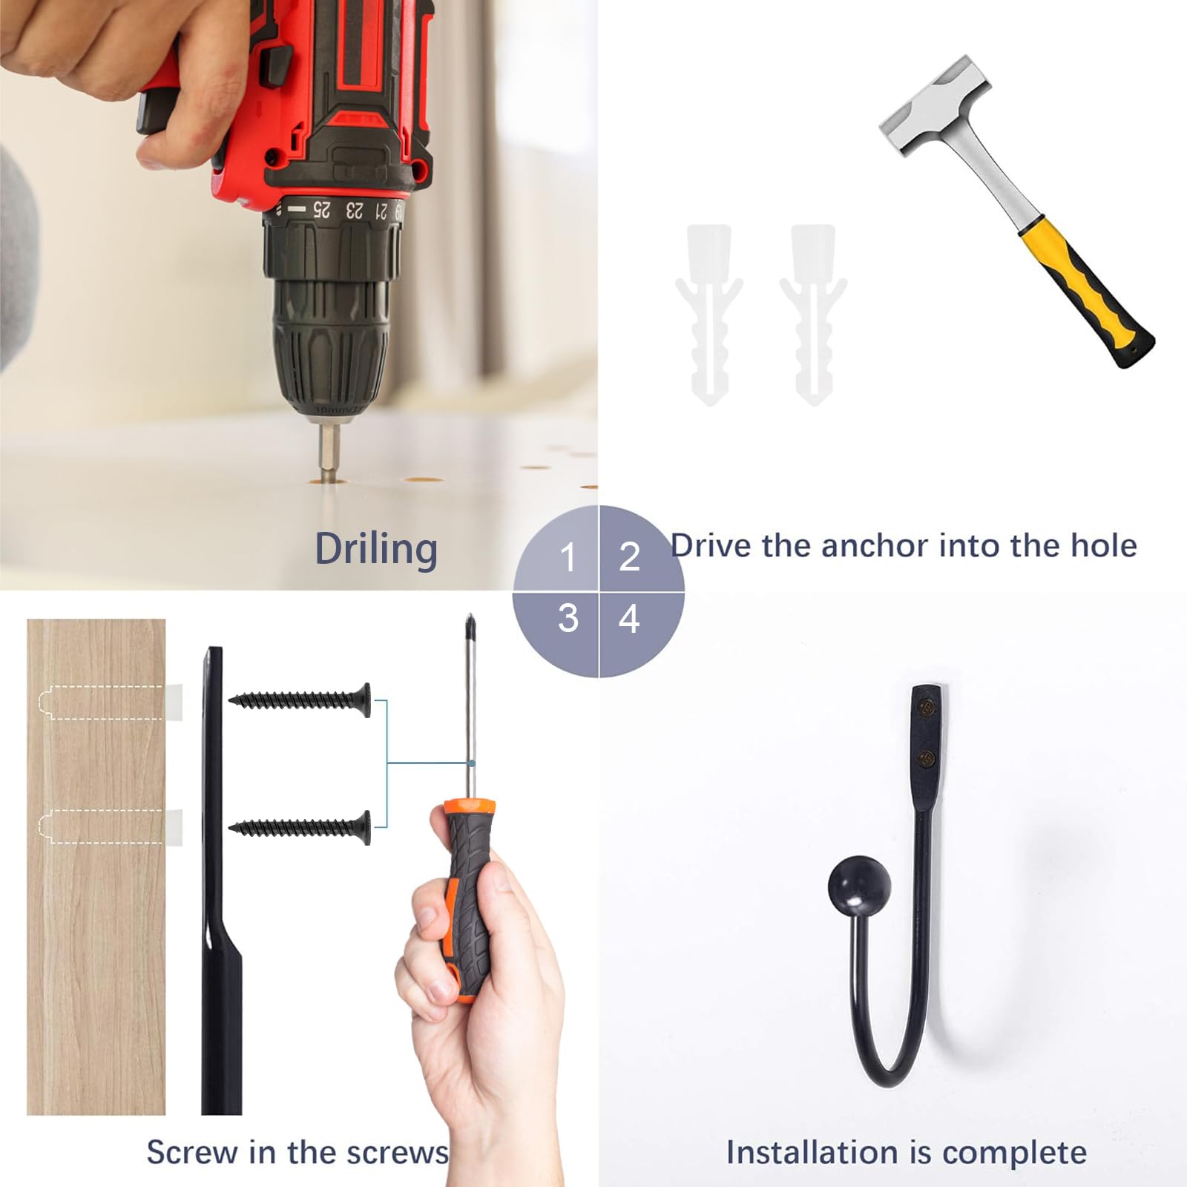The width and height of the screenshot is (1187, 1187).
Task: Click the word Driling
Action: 376,550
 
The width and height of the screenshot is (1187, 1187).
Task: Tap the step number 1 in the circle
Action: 568,557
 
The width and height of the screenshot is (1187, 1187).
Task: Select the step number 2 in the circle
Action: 629,556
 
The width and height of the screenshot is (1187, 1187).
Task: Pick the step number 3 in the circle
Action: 568,618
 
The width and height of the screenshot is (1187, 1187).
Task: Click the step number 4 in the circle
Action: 629,619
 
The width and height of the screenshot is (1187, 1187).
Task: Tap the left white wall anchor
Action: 709,315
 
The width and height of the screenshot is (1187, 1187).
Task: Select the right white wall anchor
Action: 813,315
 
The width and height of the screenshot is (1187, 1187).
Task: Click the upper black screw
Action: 300,699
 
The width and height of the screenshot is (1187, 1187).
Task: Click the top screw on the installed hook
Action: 925,709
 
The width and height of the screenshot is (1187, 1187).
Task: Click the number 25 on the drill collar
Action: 321,209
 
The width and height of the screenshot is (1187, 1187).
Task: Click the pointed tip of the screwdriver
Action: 470,616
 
